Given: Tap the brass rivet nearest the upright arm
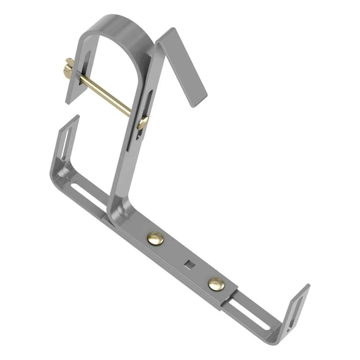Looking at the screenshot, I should (156, 239).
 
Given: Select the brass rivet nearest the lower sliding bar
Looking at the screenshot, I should (217, 284).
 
